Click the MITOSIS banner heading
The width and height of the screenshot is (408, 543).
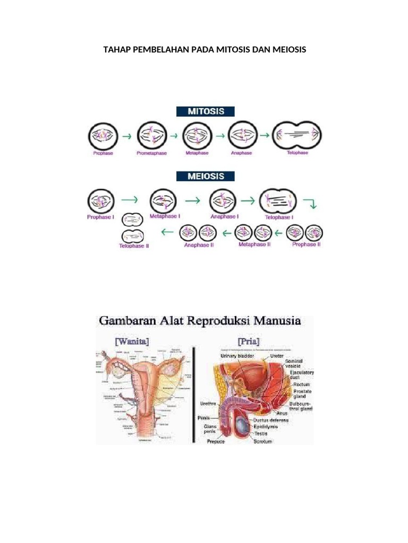click(205, 112)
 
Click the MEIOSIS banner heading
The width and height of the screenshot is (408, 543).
click(205, 176)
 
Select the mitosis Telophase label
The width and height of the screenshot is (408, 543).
click(297, 153)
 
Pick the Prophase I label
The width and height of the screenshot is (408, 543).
click(100, 216)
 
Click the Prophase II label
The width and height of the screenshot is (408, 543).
click(307, 244)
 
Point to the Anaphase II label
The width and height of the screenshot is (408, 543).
click(198, 245)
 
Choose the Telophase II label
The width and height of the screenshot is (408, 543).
click(134, 246)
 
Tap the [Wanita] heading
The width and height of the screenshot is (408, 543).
click(132, 341)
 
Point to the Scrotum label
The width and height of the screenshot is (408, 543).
click(262, 441)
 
